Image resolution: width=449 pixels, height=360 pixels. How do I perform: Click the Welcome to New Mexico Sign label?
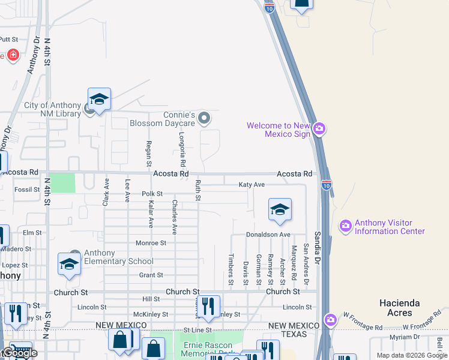tap(277, 130)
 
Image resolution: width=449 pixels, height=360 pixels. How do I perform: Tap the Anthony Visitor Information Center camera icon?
tap(345, 226)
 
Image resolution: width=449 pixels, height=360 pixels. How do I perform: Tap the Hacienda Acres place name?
tap(399, 308)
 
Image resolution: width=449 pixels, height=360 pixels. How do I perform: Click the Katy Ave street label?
tap(252, 185)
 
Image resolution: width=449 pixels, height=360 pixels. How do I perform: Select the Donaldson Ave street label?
tap(268, 234)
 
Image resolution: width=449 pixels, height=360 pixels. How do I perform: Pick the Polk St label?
tap(152, 194)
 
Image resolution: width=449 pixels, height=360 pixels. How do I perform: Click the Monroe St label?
tap(151, 243)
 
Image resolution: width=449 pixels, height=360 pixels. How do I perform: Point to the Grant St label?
tap(151, 275)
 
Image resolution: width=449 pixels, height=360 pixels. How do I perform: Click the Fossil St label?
tap(27, 190)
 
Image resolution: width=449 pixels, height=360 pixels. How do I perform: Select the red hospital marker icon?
tap(13, 56)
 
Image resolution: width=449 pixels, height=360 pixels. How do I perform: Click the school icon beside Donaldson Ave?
tap(280, 210)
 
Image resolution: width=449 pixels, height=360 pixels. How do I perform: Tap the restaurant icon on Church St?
tap(208, 307)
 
